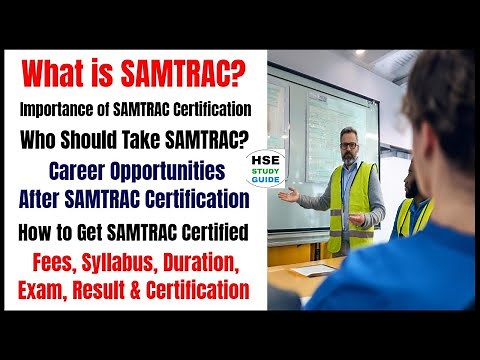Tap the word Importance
tap(62, 107)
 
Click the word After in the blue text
tap(43, 197)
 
